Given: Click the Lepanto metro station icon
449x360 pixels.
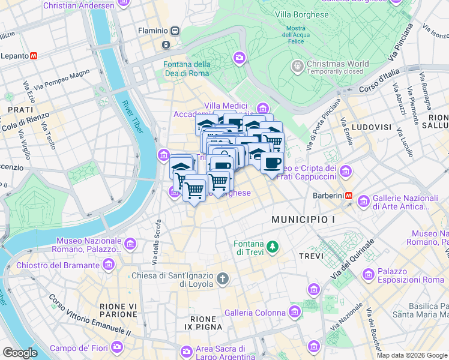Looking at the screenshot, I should [x=34, y=56].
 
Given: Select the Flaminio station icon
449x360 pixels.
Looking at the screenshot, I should [x=175, y=31].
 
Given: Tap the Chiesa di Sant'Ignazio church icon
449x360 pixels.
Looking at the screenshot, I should [x=223, y=278].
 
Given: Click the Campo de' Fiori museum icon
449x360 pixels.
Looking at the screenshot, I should [x=117, y=347].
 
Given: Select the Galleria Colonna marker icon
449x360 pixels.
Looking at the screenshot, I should [x=295, y=312].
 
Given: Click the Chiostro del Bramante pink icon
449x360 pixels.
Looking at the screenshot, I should [x=109, y=265].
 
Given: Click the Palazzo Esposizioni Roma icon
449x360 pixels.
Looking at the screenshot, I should [x=369, y=275].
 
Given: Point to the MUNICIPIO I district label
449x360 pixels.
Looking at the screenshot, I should [x=303, y=220].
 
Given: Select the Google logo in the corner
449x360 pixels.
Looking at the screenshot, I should [x=20, y=353].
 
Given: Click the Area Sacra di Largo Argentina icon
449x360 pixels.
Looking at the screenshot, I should [x=187, y=349].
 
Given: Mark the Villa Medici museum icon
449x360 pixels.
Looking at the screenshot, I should [x=262, y=108].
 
